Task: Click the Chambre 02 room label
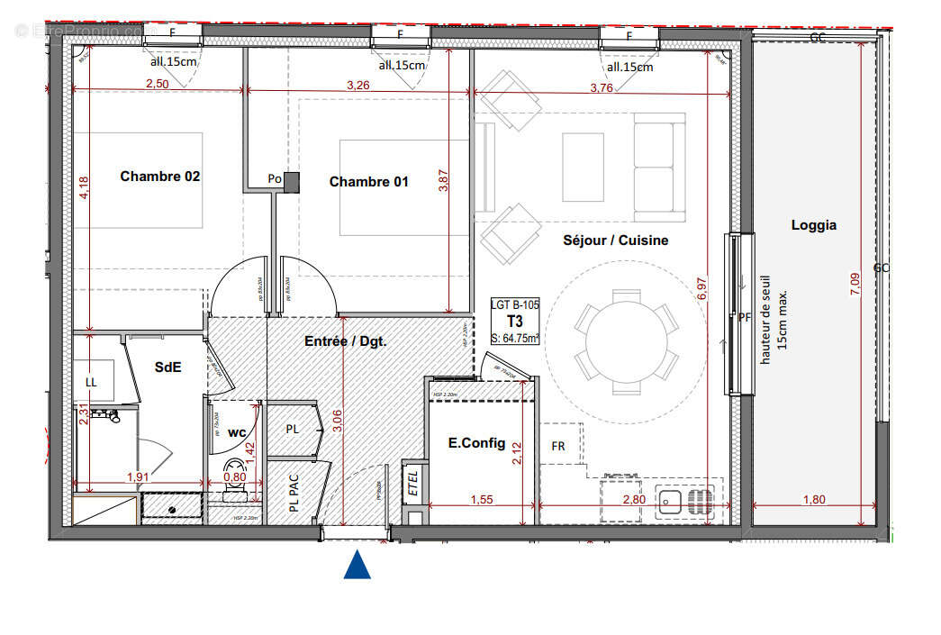click(x=160, y=177)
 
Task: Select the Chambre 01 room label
click(x=368, y=182)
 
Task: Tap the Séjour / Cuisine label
click(x=616, y=240)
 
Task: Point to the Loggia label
click(x=813, y=225)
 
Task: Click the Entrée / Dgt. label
click(x=346, y=341)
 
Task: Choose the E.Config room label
click(x=476, y=443)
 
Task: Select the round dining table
click(x=626, y=341)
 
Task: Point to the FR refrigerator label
click(x=558, y=447)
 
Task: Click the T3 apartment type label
click(x=515, y=322)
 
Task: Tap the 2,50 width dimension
click(x=157, y=84)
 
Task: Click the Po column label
click(x=275, y=180)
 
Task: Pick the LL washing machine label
click(x=91, y=381)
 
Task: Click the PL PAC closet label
click(x=294, y=494)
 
